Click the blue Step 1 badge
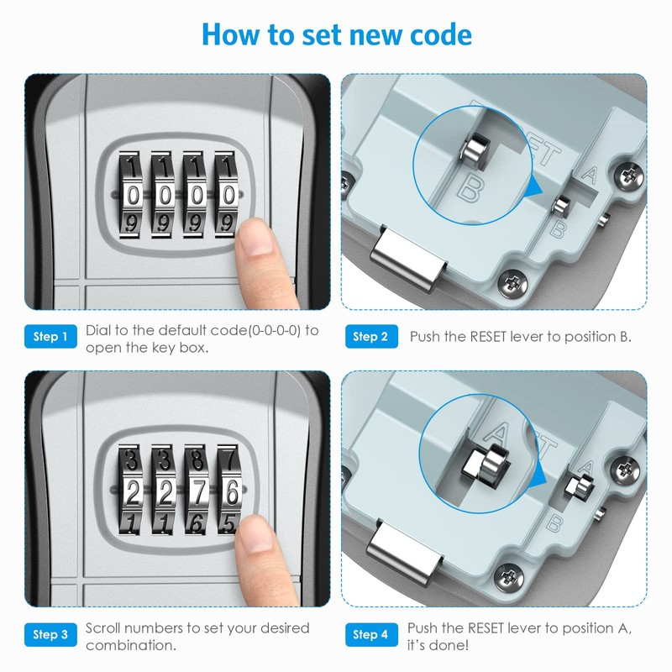point(50,337)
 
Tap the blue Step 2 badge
point(371,337)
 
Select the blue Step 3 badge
point(50,634)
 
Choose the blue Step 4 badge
point(371,634)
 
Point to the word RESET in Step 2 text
point(488,337)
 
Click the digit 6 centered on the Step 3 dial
point(232,492)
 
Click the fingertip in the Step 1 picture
point(255,238)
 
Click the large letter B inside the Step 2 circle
point(471,189)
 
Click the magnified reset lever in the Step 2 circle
point(475,150)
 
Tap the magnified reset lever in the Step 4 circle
point(486,466)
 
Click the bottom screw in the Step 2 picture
point(512,284)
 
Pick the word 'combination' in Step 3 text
point(131,645)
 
